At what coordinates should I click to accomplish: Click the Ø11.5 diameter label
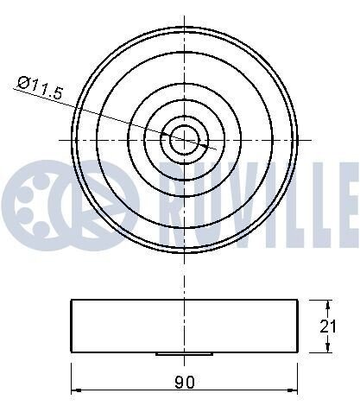tap(40, 88)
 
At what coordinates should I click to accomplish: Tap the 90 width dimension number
tap(185, 382)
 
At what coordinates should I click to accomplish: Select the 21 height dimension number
tap(328, 326)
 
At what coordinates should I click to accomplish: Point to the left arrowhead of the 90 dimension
tap(76, 390)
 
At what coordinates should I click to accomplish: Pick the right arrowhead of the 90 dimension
tap(293, 390)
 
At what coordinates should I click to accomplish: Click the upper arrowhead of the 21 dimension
tap(327, 305)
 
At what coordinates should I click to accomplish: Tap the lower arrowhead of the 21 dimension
tap(327, 347)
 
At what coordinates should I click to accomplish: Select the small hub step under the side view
tap(184, 354)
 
